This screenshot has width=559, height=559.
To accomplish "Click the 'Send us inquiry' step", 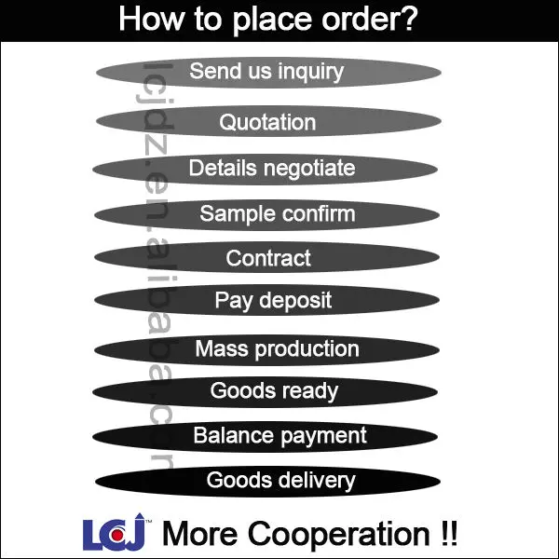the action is [x=267, y=72].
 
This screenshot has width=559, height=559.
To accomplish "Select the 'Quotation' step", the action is [x=267, y=122].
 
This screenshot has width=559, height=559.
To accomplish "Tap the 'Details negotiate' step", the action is [x=271, y=169].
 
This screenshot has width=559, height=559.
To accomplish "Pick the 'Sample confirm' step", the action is [x=277, y=213].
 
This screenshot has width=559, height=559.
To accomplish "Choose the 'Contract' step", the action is [x=268, y=257].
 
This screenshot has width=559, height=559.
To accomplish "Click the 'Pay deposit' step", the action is [x=273, y=301].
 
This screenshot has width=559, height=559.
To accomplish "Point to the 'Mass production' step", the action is [x=277, y=349].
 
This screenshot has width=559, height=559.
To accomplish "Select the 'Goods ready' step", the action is [x=274, y=391].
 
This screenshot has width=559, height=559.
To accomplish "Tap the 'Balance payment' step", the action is [x=279, y=436].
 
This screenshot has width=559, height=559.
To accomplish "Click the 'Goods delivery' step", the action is [x=280, y=481].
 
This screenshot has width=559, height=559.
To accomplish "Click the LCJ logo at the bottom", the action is [x=116, y=535].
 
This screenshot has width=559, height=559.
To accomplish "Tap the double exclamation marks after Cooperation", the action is [x=446, y=535].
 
